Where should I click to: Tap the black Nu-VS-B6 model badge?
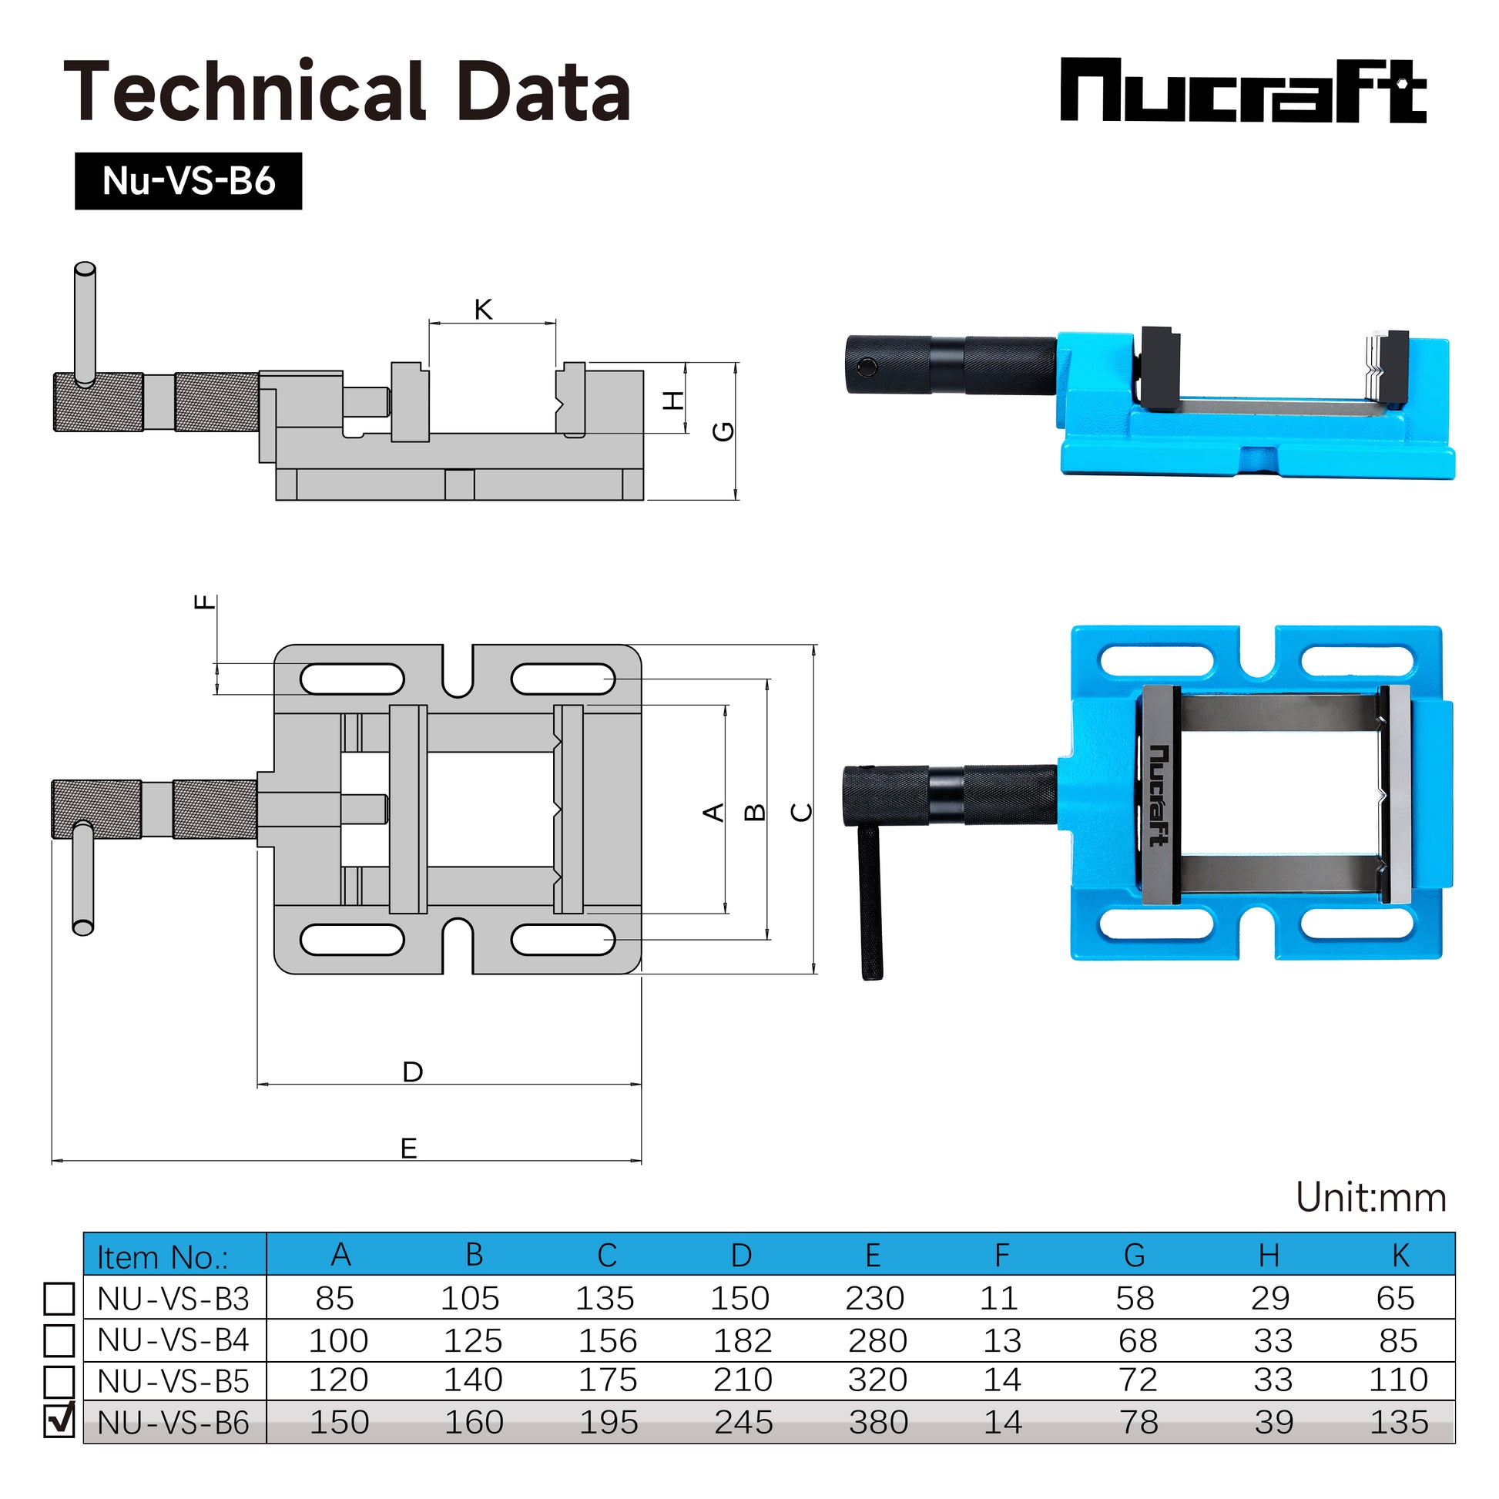point(188,181)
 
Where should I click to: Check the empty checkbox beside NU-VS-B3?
point(59,1298)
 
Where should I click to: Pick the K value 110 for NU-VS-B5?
point(1398,1380)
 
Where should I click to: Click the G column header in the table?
point(1135,1256)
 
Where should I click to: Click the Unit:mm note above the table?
point(1370,1198)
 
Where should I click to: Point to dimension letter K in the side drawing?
point(484,310)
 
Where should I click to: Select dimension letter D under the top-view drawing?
point(413,1071)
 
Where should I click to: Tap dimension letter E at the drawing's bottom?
point(409,1148)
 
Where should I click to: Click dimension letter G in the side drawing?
point(723,431)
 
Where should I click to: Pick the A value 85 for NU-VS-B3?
point(335,1299)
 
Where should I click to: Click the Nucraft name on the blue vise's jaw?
point(1159,794)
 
